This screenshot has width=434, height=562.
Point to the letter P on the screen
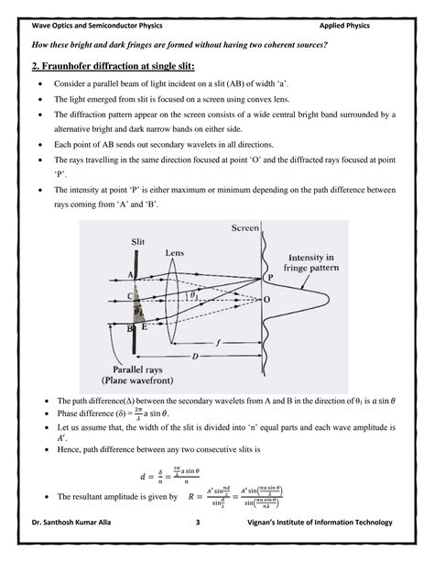pos(269,276)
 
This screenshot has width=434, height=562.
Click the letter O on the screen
pos(267,300)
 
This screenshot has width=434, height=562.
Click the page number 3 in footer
pos(197,523)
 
